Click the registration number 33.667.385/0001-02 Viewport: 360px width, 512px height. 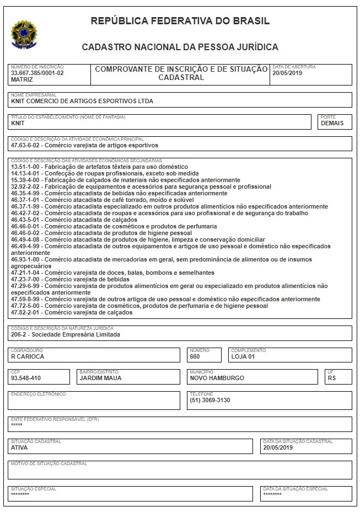37,73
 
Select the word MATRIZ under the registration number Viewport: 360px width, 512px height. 22,79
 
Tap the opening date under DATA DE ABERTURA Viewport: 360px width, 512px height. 288,73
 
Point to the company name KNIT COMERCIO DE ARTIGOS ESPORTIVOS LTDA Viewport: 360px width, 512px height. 82,101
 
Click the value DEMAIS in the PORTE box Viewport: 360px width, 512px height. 332,123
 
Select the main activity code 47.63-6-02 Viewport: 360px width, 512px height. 25,145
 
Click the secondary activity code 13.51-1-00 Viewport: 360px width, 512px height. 25,167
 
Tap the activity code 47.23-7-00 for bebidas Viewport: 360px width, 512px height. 25,280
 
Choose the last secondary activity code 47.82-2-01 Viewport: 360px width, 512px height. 25,313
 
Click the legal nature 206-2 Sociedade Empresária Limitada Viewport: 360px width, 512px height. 65,334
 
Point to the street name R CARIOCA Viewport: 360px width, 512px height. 28,356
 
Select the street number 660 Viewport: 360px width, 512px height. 195,356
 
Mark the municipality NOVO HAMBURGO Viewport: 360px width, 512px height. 217,378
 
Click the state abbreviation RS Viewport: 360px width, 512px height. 331,378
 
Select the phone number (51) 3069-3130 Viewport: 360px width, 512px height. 210,400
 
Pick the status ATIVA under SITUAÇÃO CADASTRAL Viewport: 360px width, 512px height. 19,448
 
